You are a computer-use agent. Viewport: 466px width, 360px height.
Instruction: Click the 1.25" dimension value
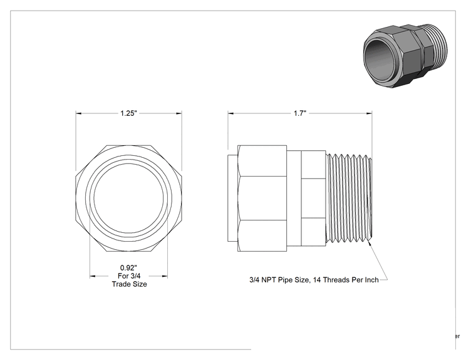[128, 113]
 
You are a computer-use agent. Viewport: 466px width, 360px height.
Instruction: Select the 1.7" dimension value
[300, 113]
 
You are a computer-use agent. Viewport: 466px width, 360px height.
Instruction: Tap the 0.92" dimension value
[128, 267]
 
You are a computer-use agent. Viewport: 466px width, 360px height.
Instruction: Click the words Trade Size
[129, 284]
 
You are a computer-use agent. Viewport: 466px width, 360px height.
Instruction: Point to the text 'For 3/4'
[129, 276]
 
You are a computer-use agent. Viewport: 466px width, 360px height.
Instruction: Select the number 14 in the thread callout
[317, 280]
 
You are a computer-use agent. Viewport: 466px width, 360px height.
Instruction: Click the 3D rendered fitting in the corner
[405, 55]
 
